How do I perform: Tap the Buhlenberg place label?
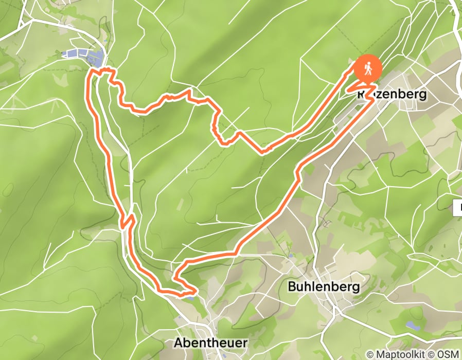point(324,286)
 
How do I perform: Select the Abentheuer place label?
point(211,343)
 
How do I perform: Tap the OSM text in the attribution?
point(448,354)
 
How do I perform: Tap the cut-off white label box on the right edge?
point(458,208)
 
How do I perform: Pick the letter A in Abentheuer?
point(178,343)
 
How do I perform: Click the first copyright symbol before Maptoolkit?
point(370,354)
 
